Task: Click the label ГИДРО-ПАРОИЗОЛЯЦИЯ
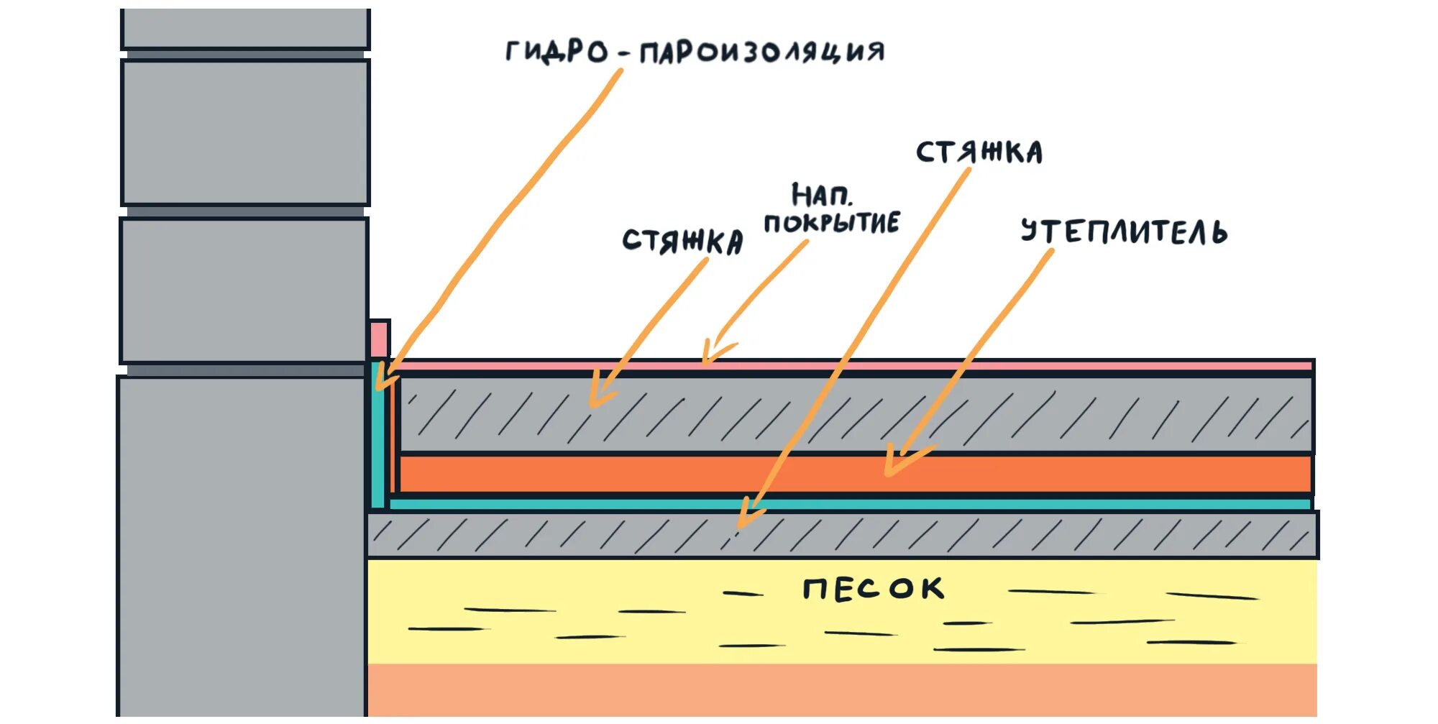695,52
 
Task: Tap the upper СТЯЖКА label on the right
979,152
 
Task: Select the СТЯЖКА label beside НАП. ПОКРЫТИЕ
682,241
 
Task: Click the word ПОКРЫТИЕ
831,223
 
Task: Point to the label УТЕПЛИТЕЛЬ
1124,232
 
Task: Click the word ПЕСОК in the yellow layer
873,589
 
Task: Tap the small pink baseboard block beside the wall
379,339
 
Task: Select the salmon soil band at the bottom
841,690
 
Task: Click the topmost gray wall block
245,29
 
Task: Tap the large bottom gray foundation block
241,546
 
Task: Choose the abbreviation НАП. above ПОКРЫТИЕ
821,195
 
